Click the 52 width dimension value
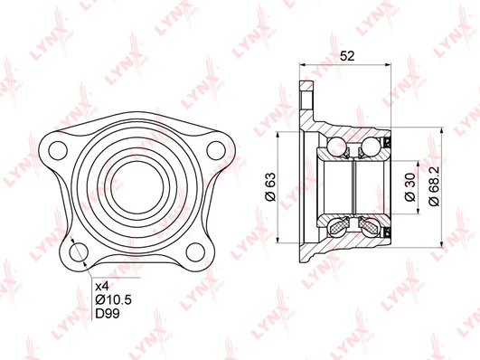(x=347, y=56)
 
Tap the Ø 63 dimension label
(x=270, y=187)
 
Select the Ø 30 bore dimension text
(x=409, y=187)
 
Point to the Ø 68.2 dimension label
(x=434, y=186)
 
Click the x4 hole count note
(x=102, y=287)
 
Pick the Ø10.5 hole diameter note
(x=114, y=299)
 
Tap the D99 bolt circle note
(x=108, y=314)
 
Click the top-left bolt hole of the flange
(x=58, y=151)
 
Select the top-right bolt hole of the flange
(x=216, y=151)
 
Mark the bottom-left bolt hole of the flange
(x=79, y=252)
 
